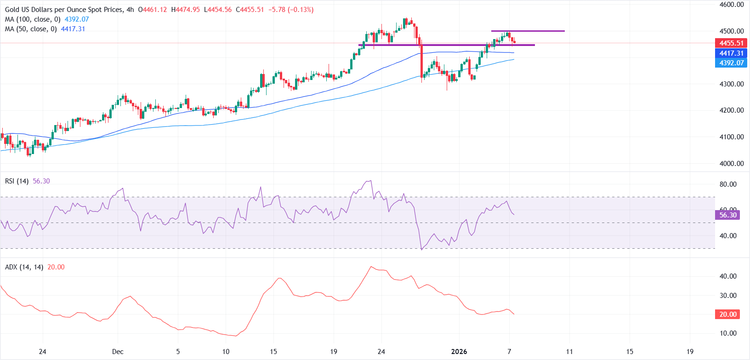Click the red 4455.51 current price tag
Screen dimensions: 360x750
point(731,43)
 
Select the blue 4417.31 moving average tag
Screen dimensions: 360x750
point(731,53)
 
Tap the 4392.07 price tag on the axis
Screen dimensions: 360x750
point(731,63)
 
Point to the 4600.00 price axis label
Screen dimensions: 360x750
point(731,5)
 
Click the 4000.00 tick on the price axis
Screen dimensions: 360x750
point(731,164)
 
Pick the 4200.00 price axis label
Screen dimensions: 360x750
point(731,110)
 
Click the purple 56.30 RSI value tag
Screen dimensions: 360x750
point(727,215)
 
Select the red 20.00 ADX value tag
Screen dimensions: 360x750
point(727,314)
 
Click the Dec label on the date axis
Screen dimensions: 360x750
point(118,352)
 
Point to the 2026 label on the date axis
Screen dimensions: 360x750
point(459,352)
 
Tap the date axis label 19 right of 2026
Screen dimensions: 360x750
point(690,352)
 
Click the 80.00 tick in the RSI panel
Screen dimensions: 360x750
point(727,184)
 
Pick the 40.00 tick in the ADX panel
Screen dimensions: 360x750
point(727,276)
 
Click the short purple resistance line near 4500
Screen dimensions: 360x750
point(528,31)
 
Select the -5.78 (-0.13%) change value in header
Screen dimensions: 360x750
point(291,10)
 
